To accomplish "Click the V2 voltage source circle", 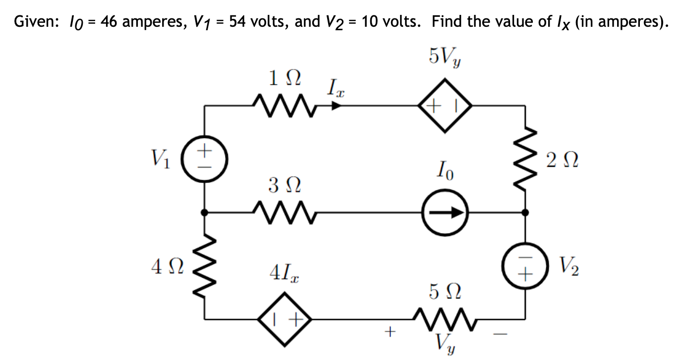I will point(525,268).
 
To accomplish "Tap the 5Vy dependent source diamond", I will point(444,106).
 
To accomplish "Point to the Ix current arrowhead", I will point(337,106).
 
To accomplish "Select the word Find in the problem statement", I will point(448,22).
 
